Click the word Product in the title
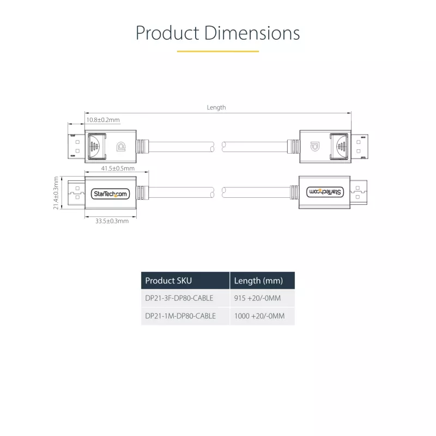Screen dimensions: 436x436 (167, 33)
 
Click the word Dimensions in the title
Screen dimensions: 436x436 (252, 33)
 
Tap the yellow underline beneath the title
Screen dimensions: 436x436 (218, 51)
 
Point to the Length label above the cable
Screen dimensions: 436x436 (216, 107)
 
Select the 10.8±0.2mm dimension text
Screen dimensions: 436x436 (103, 120)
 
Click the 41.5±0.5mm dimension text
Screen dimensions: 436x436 (118, 168)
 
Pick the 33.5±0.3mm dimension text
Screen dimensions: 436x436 (112, 221)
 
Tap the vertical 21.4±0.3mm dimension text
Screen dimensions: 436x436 (56, 193)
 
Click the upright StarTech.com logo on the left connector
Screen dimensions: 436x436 (111, 194)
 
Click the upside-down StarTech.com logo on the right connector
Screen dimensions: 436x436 (325, 192)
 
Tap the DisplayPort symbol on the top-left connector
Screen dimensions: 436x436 (121, 146)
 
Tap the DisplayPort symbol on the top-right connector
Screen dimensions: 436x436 (315, 146)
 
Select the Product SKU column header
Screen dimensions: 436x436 (168, 281)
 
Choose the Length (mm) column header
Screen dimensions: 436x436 (258, 281)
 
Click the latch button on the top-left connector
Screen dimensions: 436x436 (97, 146)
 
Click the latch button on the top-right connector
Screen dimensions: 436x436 (339, 146)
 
